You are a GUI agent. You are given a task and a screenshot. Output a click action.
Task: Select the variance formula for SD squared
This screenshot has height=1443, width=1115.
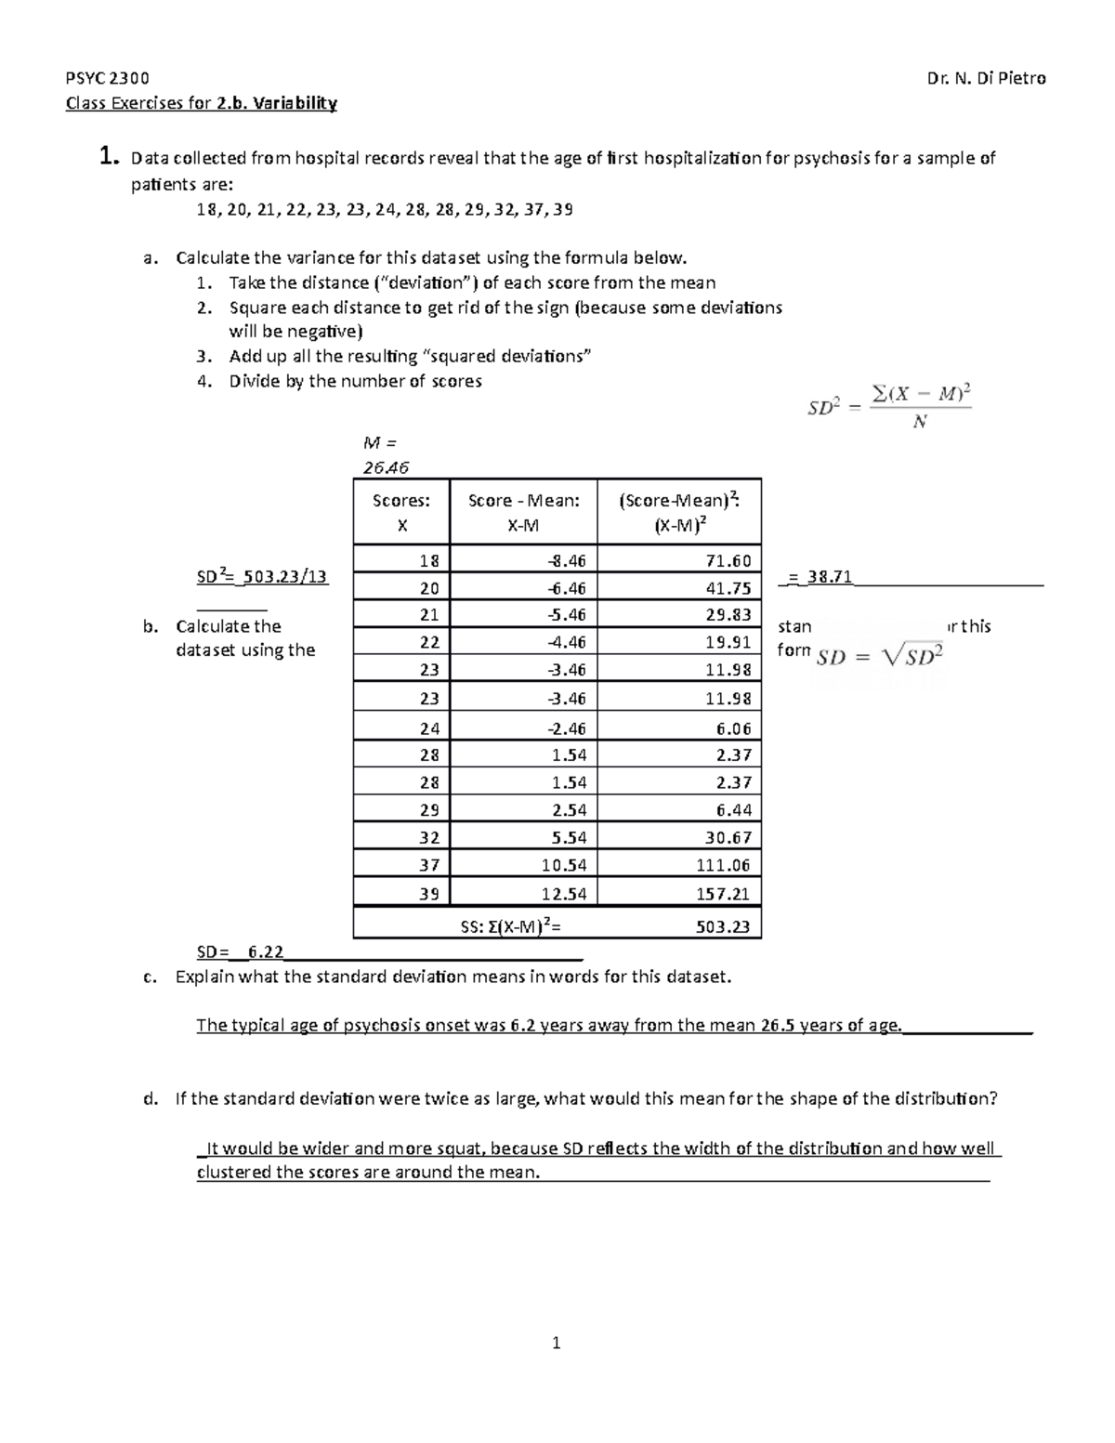[888, 407]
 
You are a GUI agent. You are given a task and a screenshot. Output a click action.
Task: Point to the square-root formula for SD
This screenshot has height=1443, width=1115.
[879, 657]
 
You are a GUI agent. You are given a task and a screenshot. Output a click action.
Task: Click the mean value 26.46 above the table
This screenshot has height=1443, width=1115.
[385, 467]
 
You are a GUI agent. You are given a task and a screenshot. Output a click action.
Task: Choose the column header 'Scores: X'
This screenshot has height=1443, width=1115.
[401, 513]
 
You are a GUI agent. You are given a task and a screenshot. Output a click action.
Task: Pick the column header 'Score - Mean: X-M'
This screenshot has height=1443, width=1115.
[523, 513]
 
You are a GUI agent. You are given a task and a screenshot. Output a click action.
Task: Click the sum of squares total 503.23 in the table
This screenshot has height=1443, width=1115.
[723, 926]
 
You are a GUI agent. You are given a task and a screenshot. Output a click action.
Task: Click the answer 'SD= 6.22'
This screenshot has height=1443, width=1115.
[241, 952]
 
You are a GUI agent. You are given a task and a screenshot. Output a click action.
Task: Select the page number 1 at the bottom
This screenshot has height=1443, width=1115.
[556, 1343]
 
